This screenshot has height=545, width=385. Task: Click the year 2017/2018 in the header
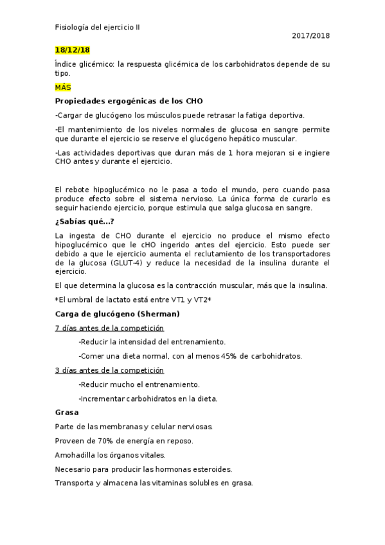tap(310, 36)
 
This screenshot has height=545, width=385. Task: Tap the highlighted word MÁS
tap(63, 87)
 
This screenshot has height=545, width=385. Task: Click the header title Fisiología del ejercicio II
tap(97, 28)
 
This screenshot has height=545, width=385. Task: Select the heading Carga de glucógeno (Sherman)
tap(117, 314)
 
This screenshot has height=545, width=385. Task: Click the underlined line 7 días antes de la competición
tap(109, 328)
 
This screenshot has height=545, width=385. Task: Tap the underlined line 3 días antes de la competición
tap(109, 370)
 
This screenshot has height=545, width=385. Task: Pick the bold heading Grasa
tap(67, 413)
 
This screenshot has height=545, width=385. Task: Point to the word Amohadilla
tap(76, 455)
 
